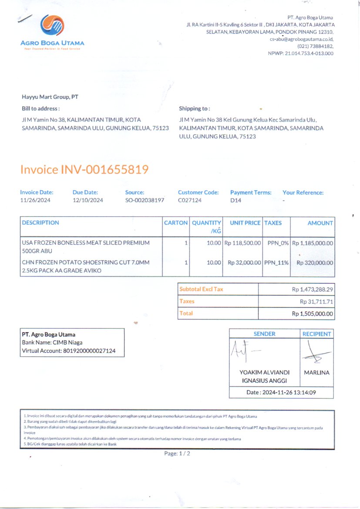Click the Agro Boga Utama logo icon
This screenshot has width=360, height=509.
click(x=53, y=25)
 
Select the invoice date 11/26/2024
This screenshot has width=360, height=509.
click(x=36, y=200)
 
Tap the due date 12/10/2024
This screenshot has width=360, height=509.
click(x=88, y=200)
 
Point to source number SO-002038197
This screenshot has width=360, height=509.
click(x=145, y=200)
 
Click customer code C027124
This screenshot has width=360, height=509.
click(x=190, y=200)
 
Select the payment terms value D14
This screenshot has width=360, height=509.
click(x=236, y=200)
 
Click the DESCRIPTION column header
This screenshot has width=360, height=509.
click(x=40, y=222)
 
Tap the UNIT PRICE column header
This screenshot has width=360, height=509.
click(x=245, y=222)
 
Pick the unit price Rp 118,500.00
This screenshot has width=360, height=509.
click(x=242, y=243)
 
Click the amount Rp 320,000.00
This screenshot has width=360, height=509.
click(x=315, y=263)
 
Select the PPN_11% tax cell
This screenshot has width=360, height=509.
click(x=276, y=263)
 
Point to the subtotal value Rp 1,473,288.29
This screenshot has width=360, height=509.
click(x=312, y=289)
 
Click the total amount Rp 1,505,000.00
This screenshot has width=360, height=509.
click(x=312, y=313)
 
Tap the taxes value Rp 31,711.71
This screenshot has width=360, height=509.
click(x=316, y=301)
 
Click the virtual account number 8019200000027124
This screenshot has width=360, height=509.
click(x=89, y=351)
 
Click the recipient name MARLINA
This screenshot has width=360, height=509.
click(x=316, y=373)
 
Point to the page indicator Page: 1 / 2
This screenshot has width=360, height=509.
click(x=177, y=453)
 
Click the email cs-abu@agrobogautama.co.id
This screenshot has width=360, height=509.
click(x=301, y=39)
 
